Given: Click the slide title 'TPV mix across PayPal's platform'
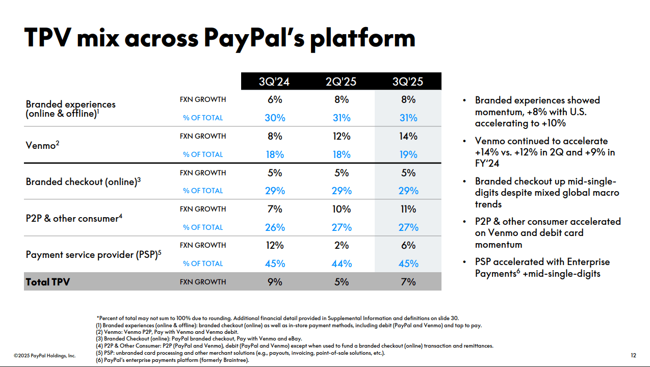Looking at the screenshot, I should (x=220, y=38).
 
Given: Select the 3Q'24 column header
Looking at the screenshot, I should (x=274, y=82).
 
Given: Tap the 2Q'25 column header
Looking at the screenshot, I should (x=341, y=82).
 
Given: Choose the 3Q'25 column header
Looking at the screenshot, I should (x=408, y=82).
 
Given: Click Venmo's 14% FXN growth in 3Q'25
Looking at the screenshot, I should (x=408, y=136).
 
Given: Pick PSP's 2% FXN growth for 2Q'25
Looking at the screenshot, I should (x=341, y=245).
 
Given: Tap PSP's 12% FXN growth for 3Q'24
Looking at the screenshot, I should (x=274, y=245).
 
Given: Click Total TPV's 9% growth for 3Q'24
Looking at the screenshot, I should (x=274, y=282).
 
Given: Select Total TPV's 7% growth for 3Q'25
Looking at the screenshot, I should (x=408, y=282).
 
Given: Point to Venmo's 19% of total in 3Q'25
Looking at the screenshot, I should (x=408, y=154).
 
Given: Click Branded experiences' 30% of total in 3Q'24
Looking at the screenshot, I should (x=274, y=118).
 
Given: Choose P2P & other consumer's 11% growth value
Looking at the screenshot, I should (x=408, y=209).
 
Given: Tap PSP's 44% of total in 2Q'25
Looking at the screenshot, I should (x=341, y=264).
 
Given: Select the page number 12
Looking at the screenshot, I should (x=634, y=355).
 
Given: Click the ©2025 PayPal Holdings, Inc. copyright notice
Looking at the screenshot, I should (x=44, y=355).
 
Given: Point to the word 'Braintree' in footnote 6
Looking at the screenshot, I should (x=235, y=360).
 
